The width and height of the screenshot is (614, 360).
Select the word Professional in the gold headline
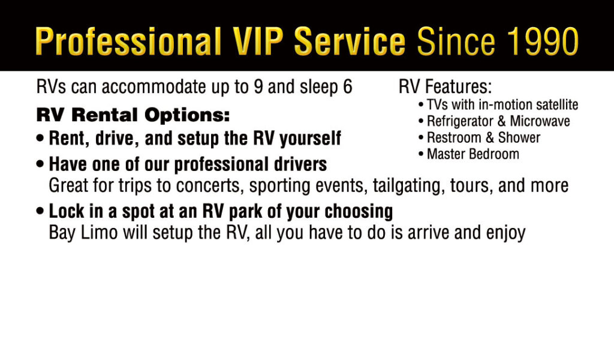pyautogui.click(x=128, y=41)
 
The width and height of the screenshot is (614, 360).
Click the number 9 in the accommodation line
pyautogui.click(x=258, y=87)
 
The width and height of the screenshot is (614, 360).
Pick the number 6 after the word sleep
pyautogui.click(x=348, y=87)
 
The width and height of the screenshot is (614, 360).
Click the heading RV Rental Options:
pyautogui.click(x=133, y=115)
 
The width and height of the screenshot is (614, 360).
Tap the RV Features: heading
pyautogui.click(x=446, y=86)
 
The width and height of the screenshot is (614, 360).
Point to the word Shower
pyautogui.click(x=519, y=137)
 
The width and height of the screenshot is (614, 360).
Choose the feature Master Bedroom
pyautogui.click(x=473, y=154)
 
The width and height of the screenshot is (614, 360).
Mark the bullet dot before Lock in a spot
pyautogui.click(x=40, y=211)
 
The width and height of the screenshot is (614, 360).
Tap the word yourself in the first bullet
pyautogui.click(x=311, y=139)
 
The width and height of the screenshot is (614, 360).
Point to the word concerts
pyautogui.click(x=208, y=185)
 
